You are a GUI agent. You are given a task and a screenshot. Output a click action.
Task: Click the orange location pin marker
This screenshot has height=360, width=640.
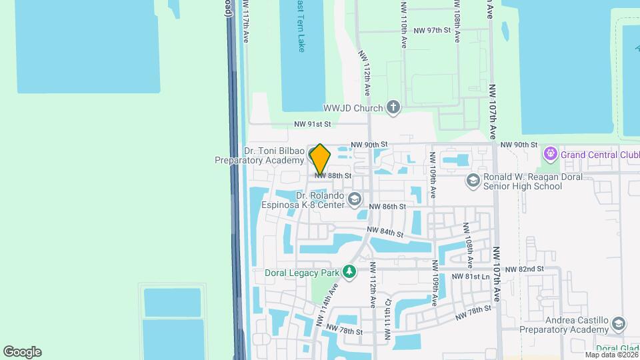pyautogui.click(x=320, y=159)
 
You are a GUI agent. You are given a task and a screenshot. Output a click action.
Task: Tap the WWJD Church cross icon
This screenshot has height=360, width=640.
pyautogui.click(x=393, y=108)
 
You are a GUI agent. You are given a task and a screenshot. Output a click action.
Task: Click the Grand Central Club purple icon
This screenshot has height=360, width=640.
pyautogui.click(x=550, y=155)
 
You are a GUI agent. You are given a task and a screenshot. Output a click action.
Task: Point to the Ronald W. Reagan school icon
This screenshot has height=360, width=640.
pyautogui.click(x=473, y=181)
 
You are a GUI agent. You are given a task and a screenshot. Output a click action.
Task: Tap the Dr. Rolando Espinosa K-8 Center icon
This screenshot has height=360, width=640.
pyautogui.click(x=355, y=199)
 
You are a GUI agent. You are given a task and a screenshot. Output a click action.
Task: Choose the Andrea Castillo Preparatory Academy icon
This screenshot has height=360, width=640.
pyautogui.click(x=618, y=324)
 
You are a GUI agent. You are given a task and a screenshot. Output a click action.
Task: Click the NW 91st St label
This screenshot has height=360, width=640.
pyautogui.click(x=313, y=124)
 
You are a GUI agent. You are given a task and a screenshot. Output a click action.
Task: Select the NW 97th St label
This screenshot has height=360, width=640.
pyautogui.click(x=432, y=31)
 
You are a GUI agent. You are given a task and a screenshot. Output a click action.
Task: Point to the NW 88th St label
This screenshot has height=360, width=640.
pyautogui.click(x=333, y=175)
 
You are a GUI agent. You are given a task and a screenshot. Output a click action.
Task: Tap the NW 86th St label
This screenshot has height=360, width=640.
pyautogui.click(x=387, y=207)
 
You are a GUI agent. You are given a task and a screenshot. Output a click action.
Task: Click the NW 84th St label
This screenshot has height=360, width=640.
pyautogui.click(x=385, y=233)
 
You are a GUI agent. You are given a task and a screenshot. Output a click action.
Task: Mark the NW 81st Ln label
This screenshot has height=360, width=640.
pyautogui.click(x=471, y=277)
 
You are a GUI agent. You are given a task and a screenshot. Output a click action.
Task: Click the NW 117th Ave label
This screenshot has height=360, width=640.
pyautogui.click(x=245, y=23)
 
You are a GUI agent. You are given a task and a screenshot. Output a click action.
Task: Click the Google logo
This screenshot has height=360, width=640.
pyautogui.click(x=22, y=352)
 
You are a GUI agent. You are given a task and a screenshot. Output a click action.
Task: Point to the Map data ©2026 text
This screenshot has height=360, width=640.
pyautogui.click(x=611, y=355)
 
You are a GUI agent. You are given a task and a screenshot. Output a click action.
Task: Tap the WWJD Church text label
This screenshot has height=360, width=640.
pyautogui.click(x=353, y=108)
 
